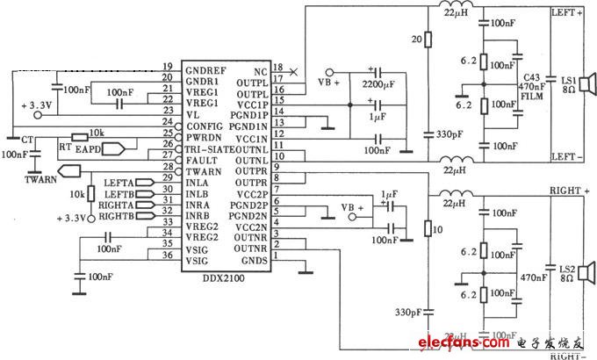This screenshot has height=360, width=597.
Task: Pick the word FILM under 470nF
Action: (x=529, y=98)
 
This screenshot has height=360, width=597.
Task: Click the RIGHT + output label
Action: (x=567, y=187)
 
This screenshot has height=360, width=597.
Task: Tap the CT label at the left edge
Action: (x=28, y=139)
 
